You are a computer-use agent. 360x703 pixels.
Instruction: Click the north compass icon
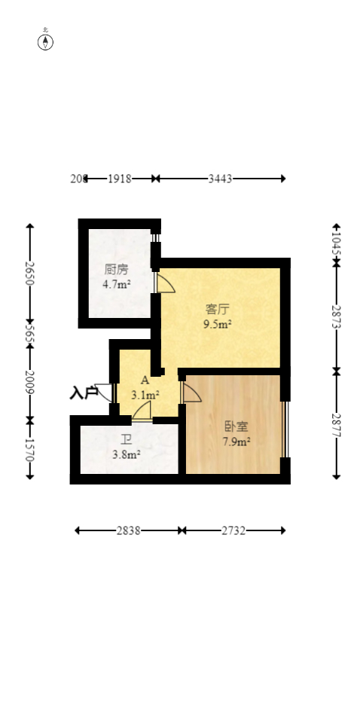click(45, 41)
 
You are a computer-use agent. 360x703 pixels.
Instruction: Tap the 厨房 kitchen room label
click(116, 269)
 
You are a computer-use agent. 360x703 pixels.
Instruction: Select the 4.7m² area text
click(117, 285)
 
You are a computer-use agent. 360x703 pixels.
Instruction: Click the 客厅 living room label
click(217, 309)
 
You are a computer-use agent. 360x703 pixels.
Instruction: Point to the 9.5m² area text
click(217, 325)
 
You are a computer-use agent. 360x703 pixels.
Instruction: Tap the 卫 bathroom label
click(126, 439)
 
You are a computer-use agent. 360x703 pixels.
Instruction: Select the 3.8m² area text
click(127, 454)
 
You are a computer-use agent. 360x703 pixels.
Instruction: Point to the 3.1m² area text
click(145, 395)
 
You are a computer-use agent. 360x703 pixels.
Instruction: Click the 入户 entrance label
click(84, 393)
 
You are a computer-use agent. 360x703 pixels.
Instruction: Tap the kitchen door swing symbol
click(164, 283)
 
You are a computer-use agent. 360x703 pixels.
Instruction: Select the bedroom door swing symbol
click(191, 393)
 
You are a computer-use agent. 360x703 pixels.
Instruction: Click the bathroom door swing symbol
click(142, 411)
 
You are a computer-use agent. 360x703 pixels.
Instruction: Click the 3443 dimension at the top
click(220, 179)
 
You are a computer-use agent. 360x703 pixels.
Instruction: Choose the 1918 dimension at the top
click(120, 179)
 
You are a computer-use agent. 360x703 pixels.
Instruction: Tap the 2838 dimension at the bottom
click(127, 530)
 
